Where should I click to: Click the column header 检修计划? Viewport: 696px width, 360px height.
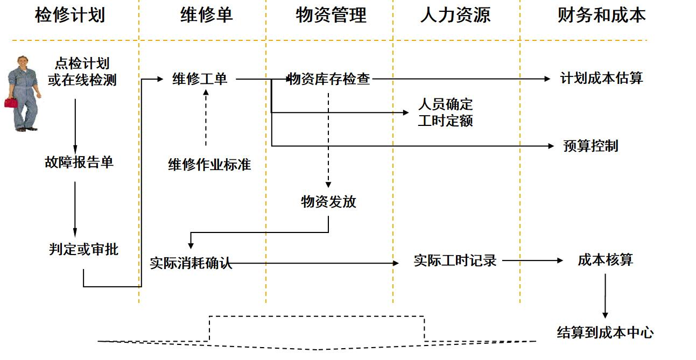70,15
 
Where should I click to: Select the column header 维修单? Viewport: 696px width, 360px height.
206,15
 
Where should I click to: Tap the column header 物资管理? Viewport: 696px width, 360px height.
331,15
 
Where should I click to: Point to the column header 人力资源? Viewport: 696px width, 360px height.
455,15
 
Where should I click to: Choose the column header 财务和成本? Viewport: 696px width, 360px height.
602,15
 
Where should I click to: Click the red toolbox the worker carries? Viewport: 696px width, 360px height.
11,103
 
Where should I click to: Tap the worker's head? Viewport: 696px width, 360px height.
23,62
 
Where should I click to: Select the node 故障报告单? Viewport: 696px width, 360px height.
79,162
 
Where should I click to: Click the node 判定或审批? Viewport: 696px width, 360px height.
83,250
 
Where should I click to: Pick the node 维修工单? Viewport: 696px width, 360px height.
200,79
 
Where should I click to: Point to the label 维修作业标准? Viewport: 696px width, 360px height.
209,164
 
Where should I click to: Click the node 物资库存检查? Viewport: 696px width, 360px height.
329,79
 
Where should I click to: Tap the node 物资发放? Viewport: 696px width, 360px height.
328,202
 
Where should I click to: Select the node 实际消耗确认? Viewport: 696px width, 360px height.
191,263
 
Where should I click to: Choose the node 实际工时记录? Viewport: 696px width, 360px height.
455,260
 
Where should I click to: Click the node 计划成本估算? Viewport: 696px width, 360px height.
602,78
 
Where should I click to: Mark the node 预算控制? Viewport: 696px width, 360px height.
590,146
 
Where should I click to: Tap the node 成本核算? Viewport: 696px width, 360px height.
605,260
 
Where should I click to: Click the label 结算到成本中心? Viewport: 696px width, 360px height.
605,333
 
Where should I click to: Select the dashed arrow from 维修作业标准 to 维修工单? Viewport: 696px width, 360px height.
206,118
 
